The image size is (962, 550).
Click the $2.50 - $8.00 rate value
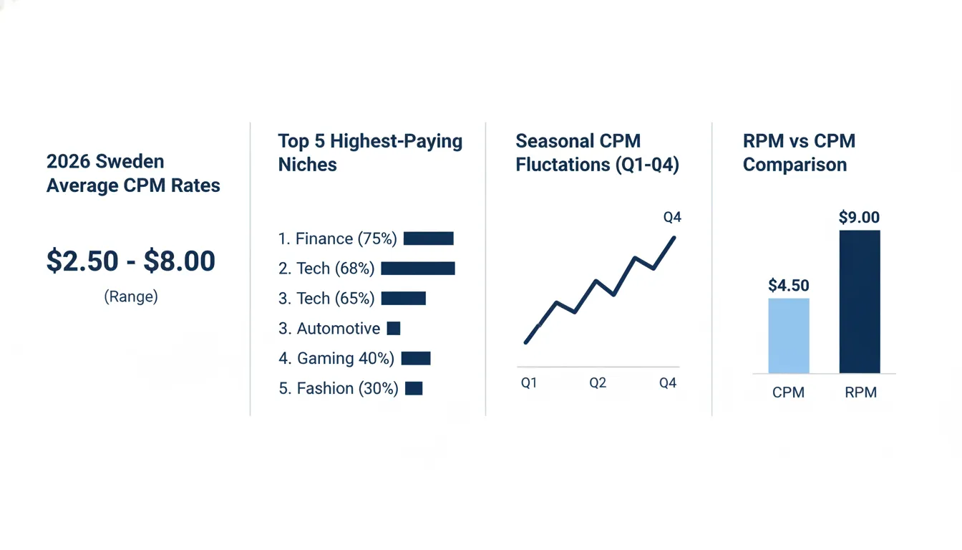pos(130,261)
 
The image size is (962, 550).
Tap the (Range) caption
pos(131,296)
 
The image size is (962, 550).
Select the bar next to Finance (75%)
pos(429,238)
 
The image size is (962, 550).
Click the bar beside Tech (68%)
pos(418,269)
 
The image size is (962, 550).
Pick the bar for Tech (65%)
pos(404,298)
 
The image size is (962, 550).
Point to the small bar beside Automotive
pos(394,328)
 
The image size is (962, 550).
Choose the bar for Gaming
pos(416,358)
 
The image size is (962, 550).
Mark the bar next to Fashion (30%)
pos(414,388)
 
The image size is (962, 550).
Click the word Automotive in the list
pos(339,329)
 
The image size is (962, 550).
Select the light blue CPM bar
pos(789,336)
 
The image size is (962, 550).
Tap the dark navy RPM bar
pos(860,301)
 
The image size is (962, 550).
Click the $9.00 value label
pos(860,218)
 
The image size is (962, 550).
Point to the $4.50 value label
pos(789,285)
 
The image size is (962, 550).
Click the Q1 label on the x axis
pos(529,383)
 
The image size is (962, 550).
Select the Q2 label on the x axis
pos(598,383)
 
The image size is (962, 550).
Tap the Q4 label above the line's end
pos(672,218)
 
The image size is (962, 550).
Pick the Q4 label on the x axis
pos(668,383)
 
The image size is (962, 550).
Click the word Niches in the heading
pos(308,165)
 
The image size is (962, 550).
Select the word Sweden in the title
pos(130,162)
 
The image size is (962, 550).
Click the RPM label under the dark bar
pos(860,392)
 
